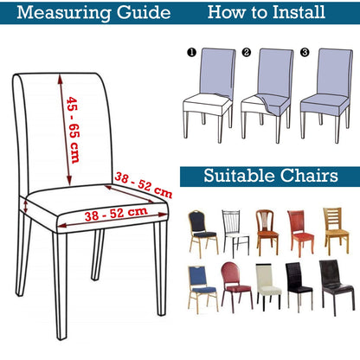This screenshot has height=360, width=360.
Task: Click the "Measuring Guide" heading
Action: [93, 13]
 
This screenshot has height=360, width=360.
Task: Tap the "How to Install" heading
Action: [267, 12]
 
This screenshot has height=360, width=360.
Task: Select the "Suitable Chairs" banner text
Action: [271, 176]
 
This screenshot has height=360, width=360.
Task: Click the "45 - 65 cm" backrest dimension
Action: [74, 131]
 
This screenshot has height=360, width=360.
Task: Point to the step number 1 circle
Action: [191, 53]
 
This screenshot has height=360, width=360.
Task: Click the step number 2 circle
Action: [247, 52]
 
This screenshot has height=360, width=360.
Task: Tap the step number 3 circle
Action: [305, 52]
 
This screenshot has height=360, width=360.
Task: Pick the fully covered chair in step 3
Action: [326, 95]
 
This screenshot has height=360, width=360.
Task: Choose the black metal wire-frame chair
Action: [235, 232]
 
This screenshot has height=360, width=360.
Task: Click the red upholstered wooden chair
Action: [300, 233]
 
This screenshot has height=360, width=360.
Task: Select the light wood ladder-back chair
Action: [336, 231]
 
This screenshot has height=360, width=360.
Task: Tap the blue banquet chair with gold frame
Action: [202, 289]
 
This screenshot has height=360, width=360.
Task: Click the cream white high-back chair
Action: [268, 286]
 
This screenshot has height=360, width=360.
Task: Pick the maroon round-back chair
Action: [236, 287]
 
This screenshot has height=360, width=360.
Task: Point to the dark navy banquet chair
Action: [202, 234]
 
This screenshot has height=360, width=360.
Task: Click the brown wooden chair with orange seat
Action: [267, 233]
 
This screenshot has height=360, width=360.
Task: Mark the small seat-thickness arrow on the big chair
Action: [26, 207]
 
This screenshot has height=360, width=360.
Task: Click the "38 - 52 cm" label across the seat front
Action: [116, 214]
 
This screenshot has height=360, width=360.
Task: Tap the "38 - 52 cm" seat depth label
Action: [144, 185]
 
